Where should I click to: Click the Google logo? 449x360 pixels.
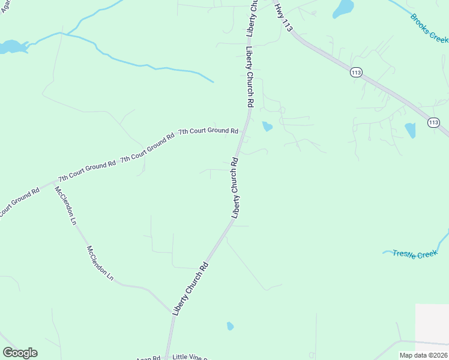(20, 353)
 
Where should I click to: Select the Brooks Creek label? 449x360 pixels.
(429, 27)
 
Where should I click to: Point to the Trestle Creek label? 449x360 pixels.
(415, 254)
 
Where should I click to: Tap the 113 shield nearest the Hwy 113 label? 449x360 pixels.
(357, 72)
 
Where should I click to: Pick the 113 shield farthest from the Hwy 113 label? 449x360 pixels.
(433, 122)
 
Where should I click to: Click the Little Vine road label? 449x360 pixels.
(190, 357)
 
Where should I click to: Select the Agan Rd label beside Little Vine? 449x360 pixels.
(148, 358)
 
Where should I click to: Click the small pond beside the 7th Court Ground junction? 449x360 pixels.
(267, 127)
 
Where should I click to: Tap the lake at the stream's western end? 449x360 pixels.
(10, 47)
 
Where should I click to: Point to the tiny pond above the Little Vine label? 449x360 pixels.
(230, 326)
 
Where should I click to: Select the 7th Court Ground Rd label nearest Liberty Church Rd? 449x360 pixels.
(208, 131)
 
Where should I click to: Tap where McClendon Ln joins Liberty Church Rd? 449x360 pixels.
(172, 312)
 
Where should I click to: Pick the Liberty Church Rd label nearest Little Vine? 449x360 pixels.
(190, 289)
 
